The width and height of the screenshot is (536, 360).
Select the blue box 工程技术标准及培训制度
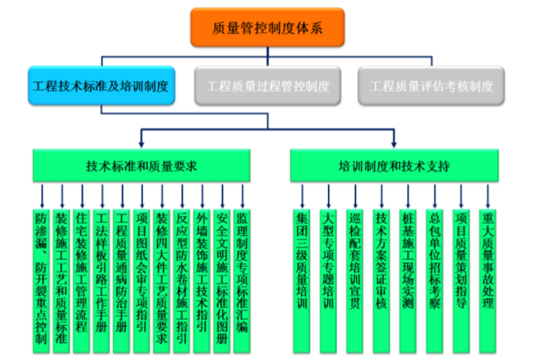100,86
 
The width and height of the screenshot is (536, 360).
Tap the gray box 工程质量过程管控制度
267,86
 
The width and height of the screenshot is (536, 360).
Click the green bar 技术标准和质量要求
141,167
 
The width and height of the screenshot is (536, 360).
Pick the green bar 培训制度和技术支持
393,167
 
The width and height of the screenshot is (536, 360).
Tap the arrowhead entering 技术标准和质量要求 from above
141,143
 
